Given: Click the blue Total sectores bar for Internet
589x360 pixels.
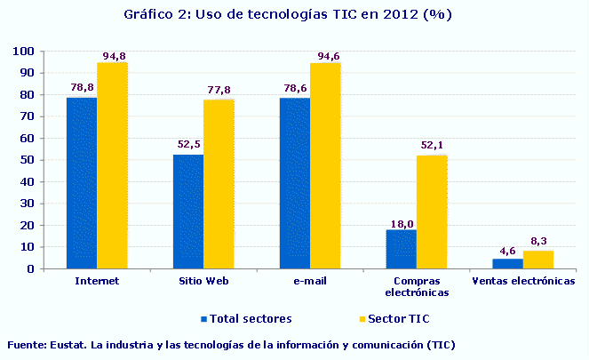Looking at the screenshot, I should pos(82,183).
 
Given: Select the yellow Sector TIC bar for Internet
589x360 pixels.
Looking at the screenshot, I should pos(112,165).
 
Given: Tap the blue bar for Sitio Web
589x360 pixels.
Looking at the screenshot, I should pos(188,212).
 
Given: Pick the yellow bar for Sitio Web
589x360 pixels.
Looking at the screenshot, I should pos(219,184).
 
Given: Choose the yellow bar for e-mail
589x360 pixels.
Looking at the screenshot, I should pos(325,165).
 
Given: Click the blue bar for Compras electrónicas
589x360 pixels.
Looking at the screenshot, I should pos(402,249).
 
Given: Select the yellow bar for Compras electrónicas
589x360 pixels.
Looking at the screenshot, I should pos(432,212).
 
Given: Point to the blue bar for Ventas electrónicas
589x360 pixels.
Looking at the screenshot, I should pos(508,263).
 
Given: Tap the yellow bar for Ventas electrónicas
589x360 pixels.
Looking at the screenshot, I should pos(538,260).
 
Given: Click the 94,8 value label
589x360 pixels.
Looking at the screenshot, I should pos(114,56).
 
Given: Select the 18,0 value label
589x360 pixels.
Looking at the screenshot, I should pos(402,222).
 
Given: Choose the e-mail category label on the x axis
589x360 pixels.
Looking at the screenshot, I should pos(310,280).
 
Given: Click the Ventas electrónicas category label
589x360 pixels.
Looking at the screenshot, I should pos(523,280).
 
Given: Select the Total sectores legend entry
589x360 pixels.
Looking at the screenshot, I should pos(245,317).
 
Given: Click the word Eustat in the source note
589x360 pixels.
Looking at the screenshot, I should pos(71,344).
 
